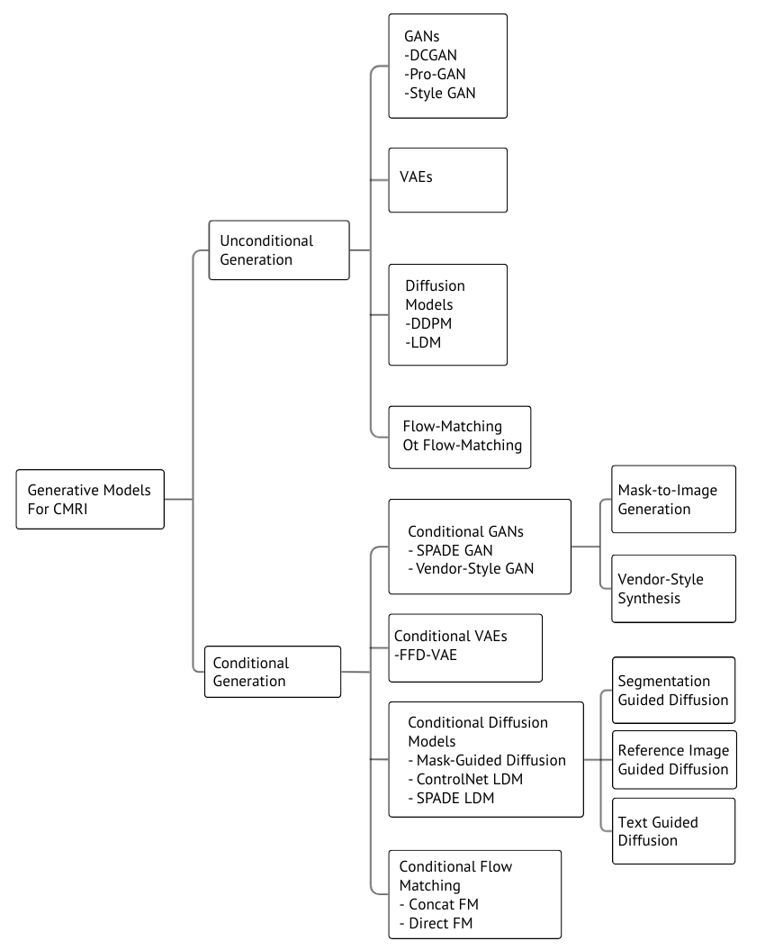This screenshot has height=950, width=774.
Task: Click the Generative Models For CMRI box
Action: (90, 499)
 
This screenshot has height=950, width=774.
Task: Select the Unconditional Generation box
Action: (279, 249)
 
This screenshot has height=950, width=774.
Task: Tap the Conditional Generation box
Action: (273, 672)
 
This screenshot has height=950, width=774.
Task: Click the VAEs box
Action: (447, 180)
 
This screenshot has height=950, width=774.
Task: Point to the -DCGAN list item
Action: (430, 55)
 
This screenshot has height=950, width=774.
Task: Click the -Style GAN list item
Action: (440, 94)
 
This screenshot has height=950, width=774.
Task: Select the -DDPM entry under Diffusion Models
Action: (428, 323)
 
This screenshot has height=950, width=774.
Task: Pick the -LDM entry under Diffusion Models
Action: (423, 342)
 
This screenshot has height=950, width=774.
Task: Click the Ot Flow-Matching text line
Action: (462, 446)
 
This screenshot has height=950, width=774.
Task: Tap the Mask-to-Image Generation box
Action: (673, 499)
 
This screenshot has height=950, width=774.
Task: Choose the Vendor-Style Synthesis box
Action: (673, 589)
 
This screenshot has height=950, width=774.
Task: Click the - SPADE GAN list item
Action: (451, 550)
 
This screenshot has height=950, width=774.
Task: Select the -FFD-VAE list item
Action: (425, 655)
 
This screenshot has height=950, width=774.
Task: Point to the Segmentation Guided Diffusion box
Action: (673, 690)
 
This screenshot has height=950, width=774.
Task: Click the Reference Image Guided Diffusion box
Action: (674, 760)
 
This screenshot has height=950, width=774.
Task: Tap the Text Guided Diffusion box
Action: (673, 830)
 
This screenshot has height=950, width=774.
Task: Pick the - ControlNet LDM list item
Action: (465, 779)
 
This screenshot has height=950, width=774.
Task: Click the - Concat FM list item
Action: (439, 905)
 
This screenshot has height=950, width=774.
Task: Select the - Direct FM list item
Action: (436, 923)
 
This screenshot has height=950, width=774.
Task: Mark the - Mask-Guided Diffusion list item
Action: (487, 760)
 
